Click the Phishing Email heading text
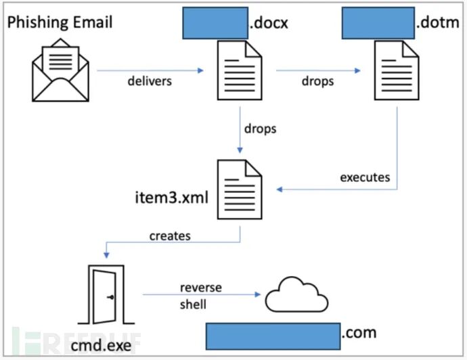tap(60, 22)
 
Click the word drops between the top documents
tap(317, 82)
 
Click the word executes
tap(365, 177)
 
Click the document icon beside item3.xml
tap(238, 189)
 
